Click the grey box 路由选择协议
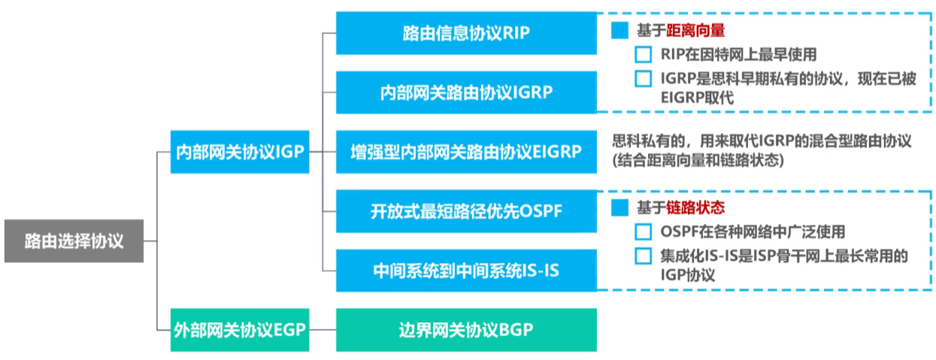tap(74, 241)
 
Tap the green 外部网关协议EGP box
tap(239, 330)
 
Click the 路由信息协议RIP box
tap(466, 33)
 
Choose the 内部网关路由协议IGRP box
tap(466, 92)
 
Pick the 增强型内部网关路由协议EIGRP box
tap(466, 152)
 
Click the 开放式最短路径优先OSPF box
tap(466, 211)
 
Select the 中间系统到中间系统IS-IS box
tap(466, 271)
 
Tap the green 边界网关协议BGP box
tap(466, 330)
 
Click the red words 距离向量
tap(699, 31)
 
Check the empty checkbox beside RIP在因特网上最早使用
tap(643, 55)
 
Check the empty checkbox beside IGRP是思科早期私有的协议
tap(643, 79)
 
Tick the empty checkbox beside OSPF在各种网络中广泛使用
tap(643, 232)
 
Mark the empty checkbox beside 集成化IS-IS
tap(643, 256)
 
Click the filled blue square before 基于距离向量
tap(619, 31)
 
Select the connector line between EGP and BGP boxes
tap(323, 330)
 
